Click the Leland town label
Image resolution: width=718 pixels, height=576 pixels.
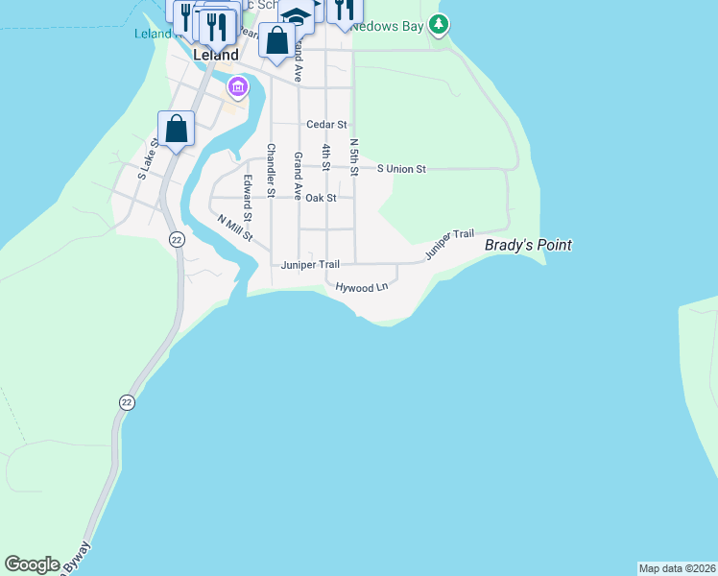pyautogui.click(x=216, y=55)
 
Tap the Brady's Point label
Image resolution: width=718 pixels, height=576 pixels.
pyautogui.click(x=528, y=245)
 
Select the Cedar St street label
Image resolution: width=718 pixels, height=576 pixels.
pyautogui.click(x=326, y=125)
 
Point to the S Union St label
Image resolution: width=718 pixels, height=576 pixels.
pyautogui.click(x=401, y=169)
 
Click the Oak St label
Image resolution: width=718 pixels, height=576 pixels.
pyautogui.click(x=321, y=198)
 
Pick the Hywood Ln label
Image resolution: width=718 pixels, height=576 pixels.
pyautogui.click(x=362, y=286)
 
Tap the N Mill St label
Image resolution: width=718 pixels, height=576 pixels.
pyautogui.click(x=234, y=228)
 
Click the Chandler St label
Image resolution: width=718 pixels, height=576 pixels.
pyautogui.click(x=271, y=171)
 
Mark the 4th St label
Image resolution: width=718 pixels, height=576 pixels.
pyautogui.click(x=326, y=158)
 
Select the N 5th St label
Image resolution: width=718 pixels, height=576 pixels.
pyautogui.click(x=353, y=157)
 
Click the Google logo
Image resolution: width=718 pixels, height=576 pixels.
pyautogui.click(x=32, y=564)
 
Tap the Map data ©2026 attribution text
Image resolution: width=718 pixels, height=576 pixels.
pyautogui.click(x=677, y=568)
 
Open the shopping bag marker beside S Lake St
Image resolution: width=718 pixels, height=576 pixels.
pyautogui.click(x=177, y=129)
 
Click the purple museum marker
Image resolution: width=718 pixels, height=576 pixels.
pyautogui.click(x=237, y=89)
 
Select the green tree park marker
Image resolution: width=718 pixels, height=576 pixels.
pyautogui.click(x=439, y=23)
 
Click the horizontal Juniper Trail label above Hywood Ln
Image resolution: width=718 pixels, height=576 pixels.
pyautogui.click(x=310, y=265)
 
